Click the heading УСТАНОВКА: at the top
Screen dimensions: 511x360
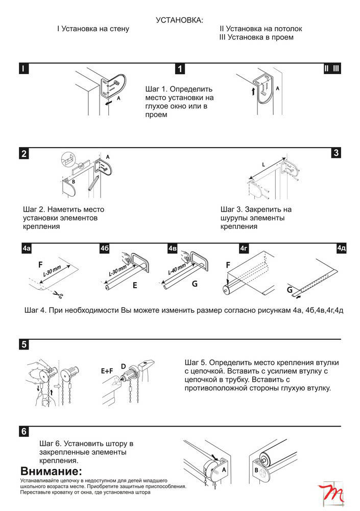[x=179, y=20]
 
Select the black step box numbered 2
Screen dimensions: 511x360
[x=23, y=153]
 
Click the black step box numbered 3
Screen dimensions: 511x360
[x=335, y=153]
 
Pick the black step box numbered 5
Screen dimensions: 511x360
[x=23, y=344]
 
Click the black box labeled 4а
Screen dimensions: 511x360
[x=27, y=249]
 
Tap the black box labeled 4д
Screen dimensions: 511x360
[x=342, y=249]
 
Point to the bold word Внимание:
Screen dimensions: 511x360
[x=51, y=471]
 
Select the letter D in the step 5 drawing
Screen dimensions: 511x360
[x=123, y=366]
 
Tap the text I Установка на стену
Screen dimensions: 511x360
[x=93, y=29]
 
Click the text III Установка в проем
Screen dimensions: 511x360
[x=256, y=37]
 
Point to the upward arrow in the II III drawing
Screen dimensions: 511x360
[x=253, y=91]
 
